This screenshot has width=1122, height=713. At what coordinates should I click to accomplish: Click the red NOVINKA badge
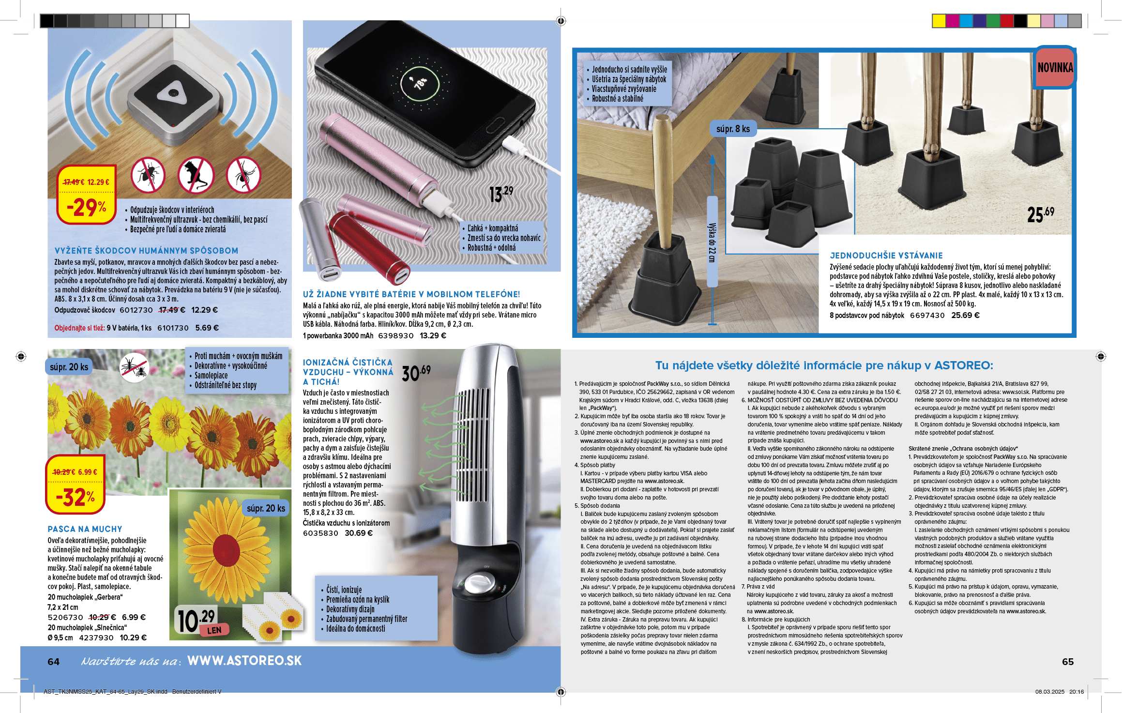(x=1055, y=68)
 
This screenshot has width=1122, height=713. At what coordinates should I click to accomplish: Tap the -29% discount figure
(x=87, y=207)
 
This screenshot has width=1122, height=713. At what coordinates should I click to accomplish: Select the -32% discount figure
(x=75, y=497)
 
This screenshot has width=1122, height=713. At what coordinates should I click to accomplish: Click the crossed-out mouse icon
(x=196, y=175)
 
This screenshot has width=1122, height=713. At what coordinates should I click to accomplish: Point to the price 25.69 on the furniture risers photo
(x=1040, y=214)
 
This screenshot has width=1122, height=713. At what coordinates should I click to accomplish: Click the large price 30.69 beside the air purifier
(x=416, y=373)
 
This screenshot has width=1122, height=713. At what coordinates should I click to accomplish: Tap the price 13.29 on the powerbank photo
(x=500, y=194)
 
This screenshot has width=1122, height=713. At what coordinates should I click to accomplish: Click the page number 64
(x=53, y=662)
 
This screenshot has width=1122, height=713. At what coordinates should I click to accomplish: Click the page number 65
(x=1067, y=662)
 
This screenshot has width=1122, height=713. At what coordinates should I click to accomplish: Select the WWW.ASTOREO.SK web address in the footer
(x=244, y=661)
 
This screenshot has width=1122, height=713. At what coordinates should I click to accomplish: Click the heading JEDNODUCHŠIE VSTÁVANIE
(x=886, y=256)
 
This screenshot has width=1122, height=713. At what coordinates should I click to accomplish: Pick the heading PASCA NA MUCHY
(x=85, y=529)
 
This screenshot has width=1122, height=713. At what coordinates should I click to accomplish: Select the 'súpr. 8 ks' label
(x=733, y=129)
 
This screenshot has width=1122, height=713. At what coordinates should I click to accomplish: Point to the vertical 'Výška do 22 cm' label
(x=712, y=242)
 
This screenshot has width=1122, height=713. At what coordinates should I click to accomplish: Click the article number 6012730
(x=136, y=310)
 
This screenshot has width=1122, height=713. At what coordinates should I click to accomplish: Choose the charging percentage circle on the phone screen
(x=420, y=83)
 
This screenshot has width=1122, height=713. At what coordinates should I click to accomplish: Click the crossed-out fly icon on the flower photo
(x=134, y=367)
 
